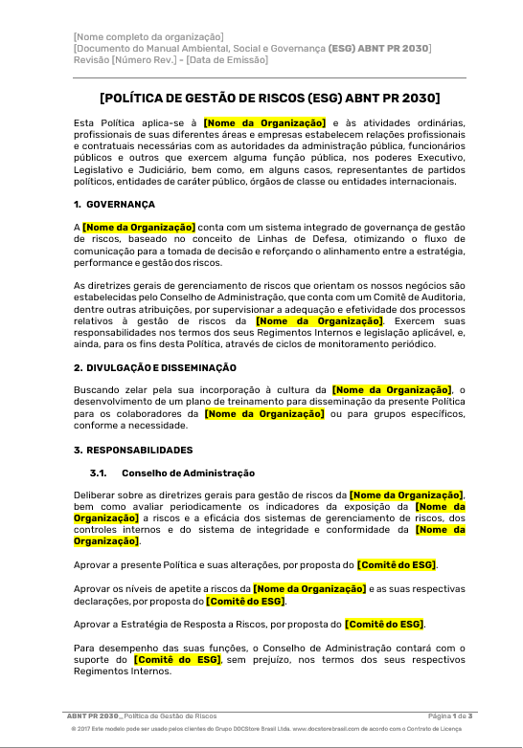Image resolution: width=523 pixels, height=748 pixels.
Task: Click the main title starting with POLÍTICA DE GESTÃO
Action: tap(269, 98)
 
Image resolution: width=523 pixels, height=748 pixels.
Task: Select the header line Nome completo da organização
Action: tap(148, 36)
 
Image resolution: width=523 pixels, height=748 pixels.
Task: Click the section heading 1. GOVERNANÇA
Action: tap(114, 205)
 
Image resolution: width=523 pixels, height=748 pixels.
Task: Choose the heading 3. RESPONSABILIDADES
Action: tap(133, 450)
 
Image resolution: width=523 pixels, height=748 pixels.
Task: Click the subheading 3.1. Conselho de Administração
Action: tap(172, 473)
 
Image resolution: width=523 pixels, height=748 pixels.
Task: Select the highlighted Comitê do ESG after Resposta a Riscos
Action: tap(384, 624)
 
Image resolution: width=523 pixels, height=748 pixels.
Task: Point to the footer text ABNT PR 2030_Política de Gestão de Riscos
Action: tap(141, 715)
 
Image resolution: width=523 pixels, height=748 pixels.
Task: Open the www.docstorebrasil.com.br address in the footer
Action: tap(330, 729)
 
